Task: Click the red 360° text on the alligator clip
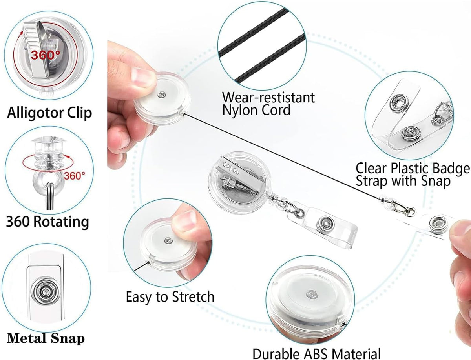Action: [x=46, y=55]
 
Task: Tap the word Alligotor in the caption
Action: [x=35, y=113]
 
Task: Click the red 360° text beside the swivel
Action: [x=74, y=176]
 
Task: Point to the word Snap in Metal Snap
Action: [x=68, y=338]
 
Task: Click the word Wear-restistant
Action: [x=268, y=98]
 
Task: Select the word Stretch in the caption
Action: [x=193, y=297]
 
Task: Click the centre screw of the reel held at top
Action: [x=162, y=94]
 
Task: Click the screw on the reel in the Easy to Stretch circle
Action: [x=168, y=240]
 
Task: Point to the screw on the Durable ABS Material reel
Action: [x=311, y=294]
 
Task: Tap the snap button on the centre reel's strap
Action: [x=326, y=224]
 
